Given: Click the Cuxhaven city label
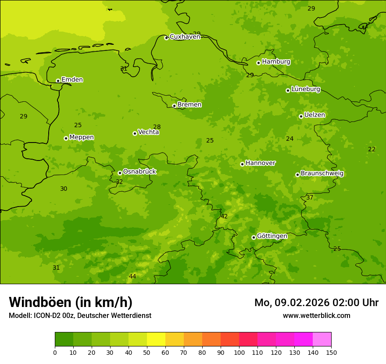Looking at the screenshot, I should tap(185, 37).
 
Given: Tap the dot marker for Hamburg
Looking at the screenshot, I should tap(258, 63).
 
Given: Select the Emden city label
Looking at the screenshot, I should tap(72, 80).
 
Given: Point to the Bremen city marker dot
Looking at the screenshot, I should tap(174, 106).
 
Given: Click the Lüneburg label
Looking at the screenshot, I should tap(306, 89).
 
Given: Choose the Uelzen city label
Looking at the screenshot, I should tap(315, 115).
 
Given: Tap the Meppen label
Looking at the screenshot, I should tap(82, 137).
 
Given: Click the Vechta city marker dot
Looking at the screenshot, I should tap(135, 133).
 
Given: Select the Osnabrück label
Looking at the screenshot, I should tap(139, 172).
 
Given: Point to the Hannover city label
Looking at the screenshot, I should tap(261, 163).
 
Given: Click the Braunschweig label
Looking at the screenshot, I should tap(322, 174).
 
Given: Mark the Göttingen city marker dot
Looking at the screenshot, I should tap(254, 237).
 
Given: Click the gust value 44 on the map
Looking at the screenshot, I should tap(132, 276).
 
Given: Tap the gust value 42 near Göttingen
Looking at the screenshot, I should tap(224, 216).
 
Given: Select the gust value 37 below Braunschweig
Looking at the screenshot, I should tap(310, 198).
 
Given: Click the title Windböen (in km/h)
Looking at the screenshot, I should tap(71, 302).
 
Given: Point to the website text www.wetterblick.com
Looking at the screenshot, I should tap(316, 316).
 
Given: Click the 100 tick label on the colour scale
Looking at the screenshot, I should tap(239, 352).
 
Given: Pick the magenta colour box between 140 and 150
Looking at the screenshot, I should tap(322, 339).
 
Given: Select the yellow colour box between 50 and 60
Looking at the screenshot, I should tap(156, 339).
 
